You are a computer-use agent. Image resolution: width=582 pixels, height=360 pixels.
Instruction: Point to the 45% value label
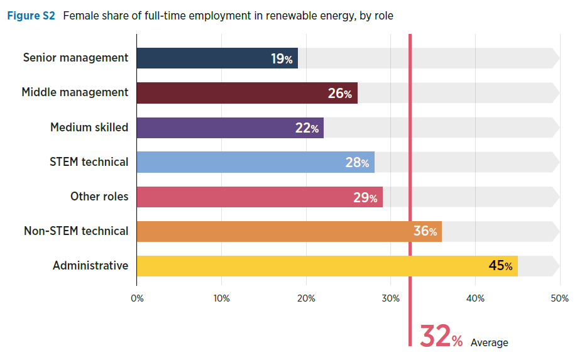pyautogui.click(x=500, y=266)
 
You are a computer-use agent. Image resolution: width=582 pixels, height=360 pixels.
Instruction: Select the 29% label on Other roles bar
pyautogui.click(x=365, y=197)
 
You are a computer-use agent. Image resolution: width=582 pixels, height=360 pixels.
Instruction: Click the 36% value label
pyautogui.click(x=425, y=231)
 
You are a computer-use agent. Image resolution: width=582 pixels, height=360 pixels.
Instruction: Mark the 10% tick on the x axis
pyautogui.click(x=221, y=298)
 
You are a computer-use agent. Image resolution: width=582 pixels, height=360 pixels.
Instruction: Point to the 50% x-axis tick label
pyautogui.click(x=559, y=298)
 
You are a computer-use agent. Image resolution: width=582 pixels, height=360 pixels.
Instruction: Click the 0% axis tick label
pyautogui.click(x=137, y=298)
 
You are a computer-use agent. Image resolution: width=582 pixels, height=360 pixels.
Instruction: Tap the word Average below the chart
pyautogui.click(x=489, y=342)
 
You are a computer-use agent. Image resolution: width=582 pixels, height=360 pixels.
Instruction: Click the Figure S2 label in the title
pyautogui.click(x=31, y=16)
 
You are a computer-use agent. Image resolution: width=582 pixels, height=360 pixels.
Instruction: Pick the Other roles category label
pyautogui.click(x=99, y=197)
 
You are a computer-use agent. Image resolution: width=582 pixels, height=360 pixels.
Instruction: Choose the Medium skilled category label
pyautogui.click(x=89, y=128)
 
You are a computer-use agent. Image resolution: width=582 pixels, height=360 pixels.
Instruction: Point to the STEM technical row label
pyautogui.click(x=89, y=162)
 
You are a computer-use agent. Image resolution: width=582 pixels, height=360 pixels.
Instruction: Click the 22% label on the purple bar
pyautogui.click(x=307, y=128)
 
